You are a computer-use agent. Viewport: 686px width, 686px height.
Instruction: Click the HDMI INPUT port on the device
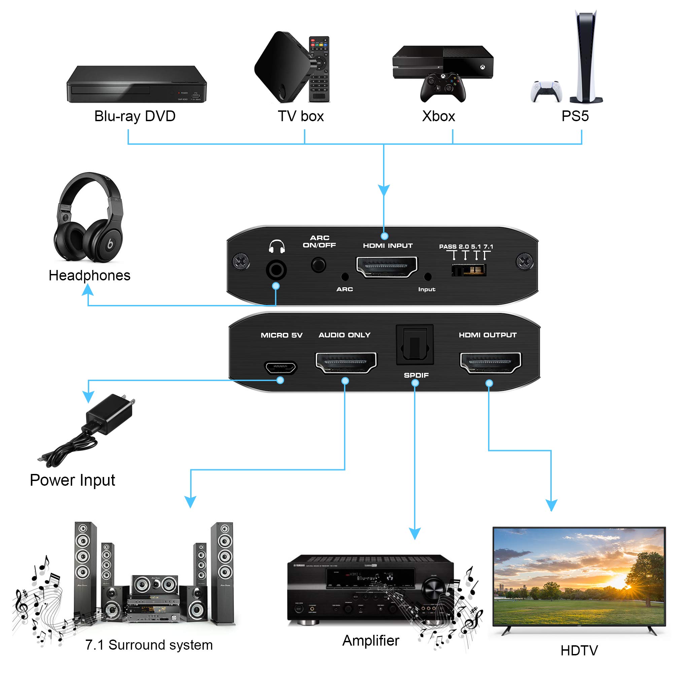pyautogui.click(x=387, y=267)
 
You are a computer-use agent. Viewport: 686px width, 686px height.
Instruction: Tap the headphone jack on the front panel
pyautogui.click(x=276, y=270)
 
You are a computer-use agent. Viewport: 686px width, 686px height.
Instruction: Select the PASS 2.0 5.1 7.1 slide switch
pyautogui.click(x=468, y=270)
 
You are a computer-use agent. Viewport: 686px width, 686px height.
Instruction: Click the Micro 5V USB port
pyautogui.click(x=280, y=368)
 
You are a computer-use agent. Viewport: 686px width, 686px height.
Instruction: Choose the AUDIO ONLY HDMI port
pyautogui.click(x=346, y=363)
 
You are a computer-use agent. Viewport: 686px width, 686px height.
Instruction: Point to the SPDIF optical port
pyautogui.click(x=415, y=344)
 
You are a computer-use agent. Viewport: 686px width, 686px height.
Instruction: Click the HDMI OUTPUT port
pyautogui.click(x=490, y=363)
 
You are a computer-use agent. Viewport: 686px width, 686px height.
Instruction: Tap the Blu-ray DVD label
pyautogui.click(x=135, y=116)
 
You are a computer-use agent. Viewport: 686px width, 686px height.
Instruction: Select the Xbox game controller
pyautogui.click(x=443, y=87)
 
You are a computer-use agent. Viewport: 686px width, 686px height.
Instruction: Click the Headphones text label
pyautogui.click(x=90, y=276)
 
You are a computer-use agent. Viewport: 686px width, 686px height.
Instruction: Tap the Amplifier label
pyautogui.click(x=371, y=640)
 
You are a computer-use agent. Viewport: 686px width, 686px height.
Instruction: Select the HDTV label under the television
pyautogui.click(x=579, y=651)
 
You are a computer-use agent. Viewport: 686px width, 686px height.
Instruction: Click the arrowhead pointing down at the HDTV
pyautogui.click(x=551, y=505)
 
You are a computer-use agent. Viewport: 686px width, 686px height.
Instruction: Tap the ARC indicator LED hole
pyautogui.click(x=344, y=277)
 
